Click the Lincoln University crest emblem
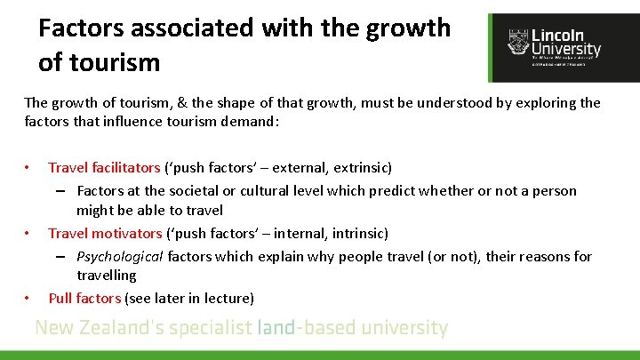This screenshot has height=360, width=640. tap(518, 41)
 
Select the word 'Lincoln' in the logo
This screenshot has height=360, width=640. tap(557, 36)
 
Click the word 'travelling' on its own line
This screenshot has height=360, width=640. tap(106, 276)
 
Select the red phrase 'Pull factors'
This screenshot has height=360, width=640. tap(84, 299)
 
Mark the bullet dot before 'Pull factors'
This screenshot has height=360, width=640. tap(28, 299)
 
